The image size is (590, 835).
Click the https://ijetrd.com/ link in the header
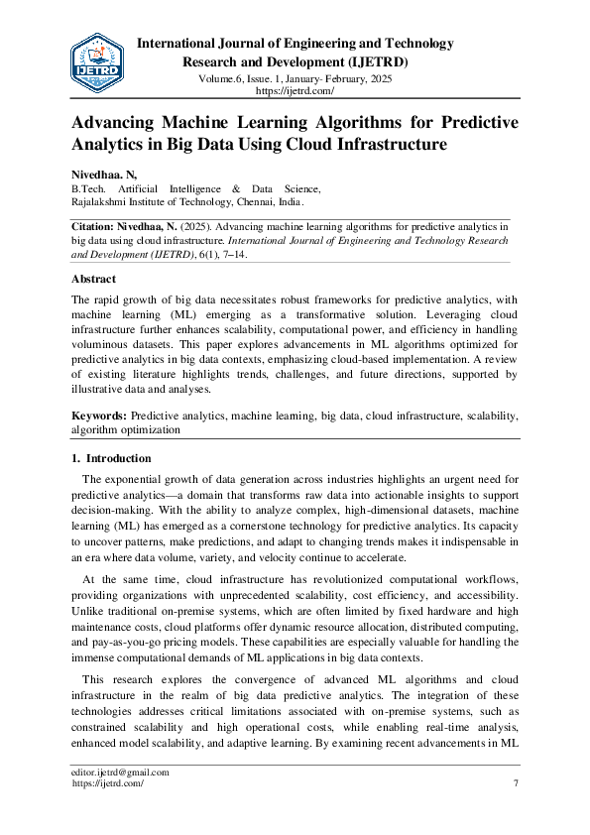coord(295,90)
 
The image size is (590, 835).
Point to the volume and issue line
coord(295,76)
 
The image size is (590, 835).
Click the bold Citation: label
coord(96,226)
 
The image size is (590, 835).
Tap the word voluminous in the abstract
coord(103,344)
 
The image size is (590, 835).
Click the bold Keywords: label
coord(99,417)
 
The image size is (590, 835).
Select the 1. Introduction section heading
coord(111,458)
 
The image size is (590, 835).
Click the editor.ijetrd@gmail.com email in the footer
coord(119,773)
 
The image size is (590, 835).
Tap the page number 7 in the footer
coord(516,783)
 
